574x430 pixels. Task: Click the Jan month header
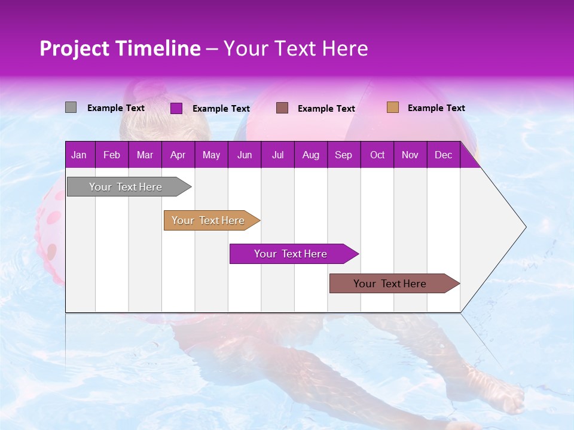(79, 155)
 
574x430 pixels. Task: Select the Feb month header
(112, 155)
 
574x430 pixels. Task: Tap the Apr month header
(178, 155)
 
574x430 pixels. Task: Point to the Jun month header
(245, 155)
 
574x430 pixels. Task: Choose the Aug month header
(310, 155)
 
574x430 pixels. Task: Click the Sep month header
(343, 155)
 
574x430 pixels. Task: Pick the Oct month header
(377, 155)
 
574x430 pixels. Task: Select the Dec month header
(443, 155)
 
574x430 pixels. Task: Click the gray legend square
(71, 107)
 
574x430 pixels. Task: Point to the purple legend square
(176, 108)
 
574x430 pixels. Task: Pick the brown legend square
(282, 107)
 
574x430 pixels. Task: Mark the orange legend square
(392, 107)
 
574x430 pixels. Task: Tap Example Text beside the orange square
(436, 108)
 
